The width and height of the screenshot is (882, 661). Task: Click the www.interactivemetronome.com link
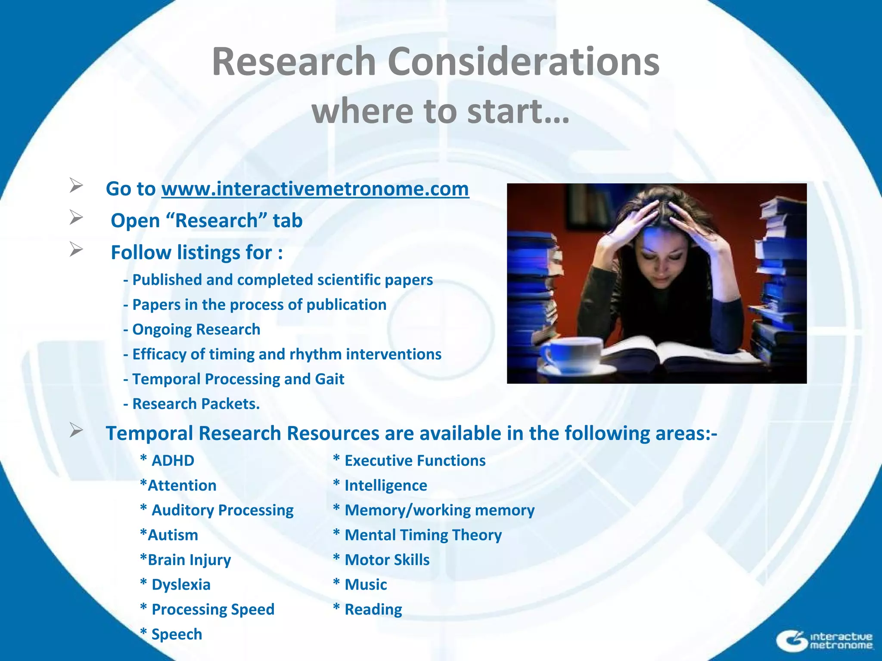coord(315,189)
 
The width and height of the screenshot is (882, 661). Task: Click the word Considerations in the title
coord(523,62)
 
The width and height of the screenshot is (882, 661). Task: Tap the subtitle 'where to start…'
coord(441,111)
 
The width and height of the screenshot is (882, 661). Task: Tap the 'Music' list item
coord(365,585)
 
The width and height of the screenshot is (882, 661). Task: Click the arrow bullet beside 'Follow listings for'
coord(76,249)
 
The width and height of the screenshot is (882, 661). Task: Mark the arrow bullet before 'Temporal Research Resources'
coord(76,430)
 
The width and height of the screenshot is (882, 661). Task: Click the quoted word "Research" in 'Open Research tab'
coord(217,221)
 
